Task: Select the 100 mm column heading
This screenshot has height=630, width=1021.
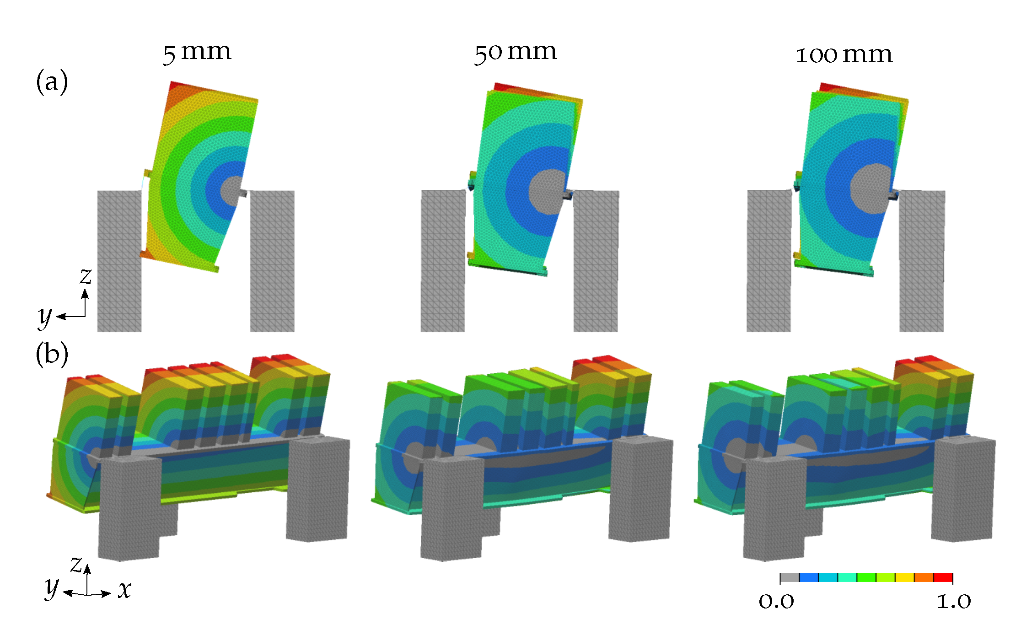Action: tap(844, 55)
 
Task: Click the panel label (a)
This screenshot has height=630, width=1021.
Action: tap(52, 82)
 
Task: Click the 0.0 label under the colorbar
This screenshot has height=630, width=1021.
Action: tap(776, 601)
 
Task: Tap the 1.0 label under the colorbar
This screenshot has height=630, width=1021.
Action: tap(954, 601)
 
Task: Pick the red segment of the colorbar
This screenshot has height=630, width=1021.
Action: tap(943, 577)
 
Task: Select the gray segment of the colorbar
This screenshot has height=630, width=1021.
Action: tap(790, 577)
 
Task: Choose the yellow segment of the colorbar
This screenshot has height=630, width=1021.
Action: tap(904, 577)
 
